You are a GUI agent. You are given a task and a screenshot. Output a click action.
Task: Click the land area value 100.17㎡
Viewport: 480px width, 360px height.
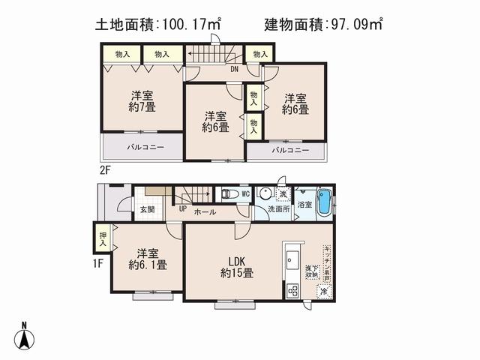(188, 25)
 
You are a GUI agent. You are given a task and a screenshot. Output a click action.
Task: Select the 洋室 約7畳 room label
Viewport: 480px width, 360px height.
(142, 100)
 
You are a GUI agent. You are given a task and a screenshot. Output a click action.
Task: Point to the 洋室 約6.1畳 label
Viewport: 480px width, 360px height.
(146, 259)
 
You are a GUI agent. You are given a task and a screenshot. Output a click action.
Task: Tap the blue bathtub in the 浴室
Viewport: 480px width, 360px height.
(325, 202)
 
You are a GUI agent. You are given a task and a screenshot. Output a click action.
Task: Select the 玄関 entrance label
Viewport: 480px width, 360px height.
(147, 209)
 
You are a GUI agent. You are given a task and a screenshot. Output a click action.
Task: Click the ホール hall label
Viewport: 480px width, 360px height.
(205, 212)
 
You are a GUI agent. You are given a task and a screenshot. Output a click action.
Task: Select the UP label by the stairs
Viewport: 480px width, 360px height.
(182, 208)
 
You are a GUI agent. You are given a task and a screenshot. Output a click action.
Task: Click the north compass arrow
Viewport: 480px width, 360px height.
(25, 337)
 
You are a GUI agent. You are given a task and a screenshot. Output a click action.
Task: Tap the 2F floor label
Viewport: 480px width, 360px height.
(104, 170)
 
